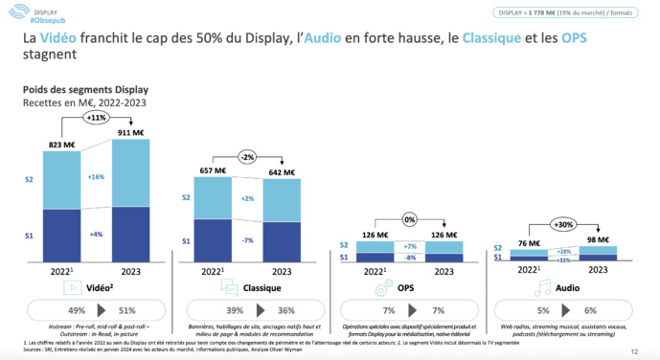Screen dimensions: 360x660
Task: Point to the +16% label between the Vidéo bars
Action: [96, 177]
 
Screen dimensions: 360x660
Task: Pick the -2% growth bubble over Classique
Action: [249, 157]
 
